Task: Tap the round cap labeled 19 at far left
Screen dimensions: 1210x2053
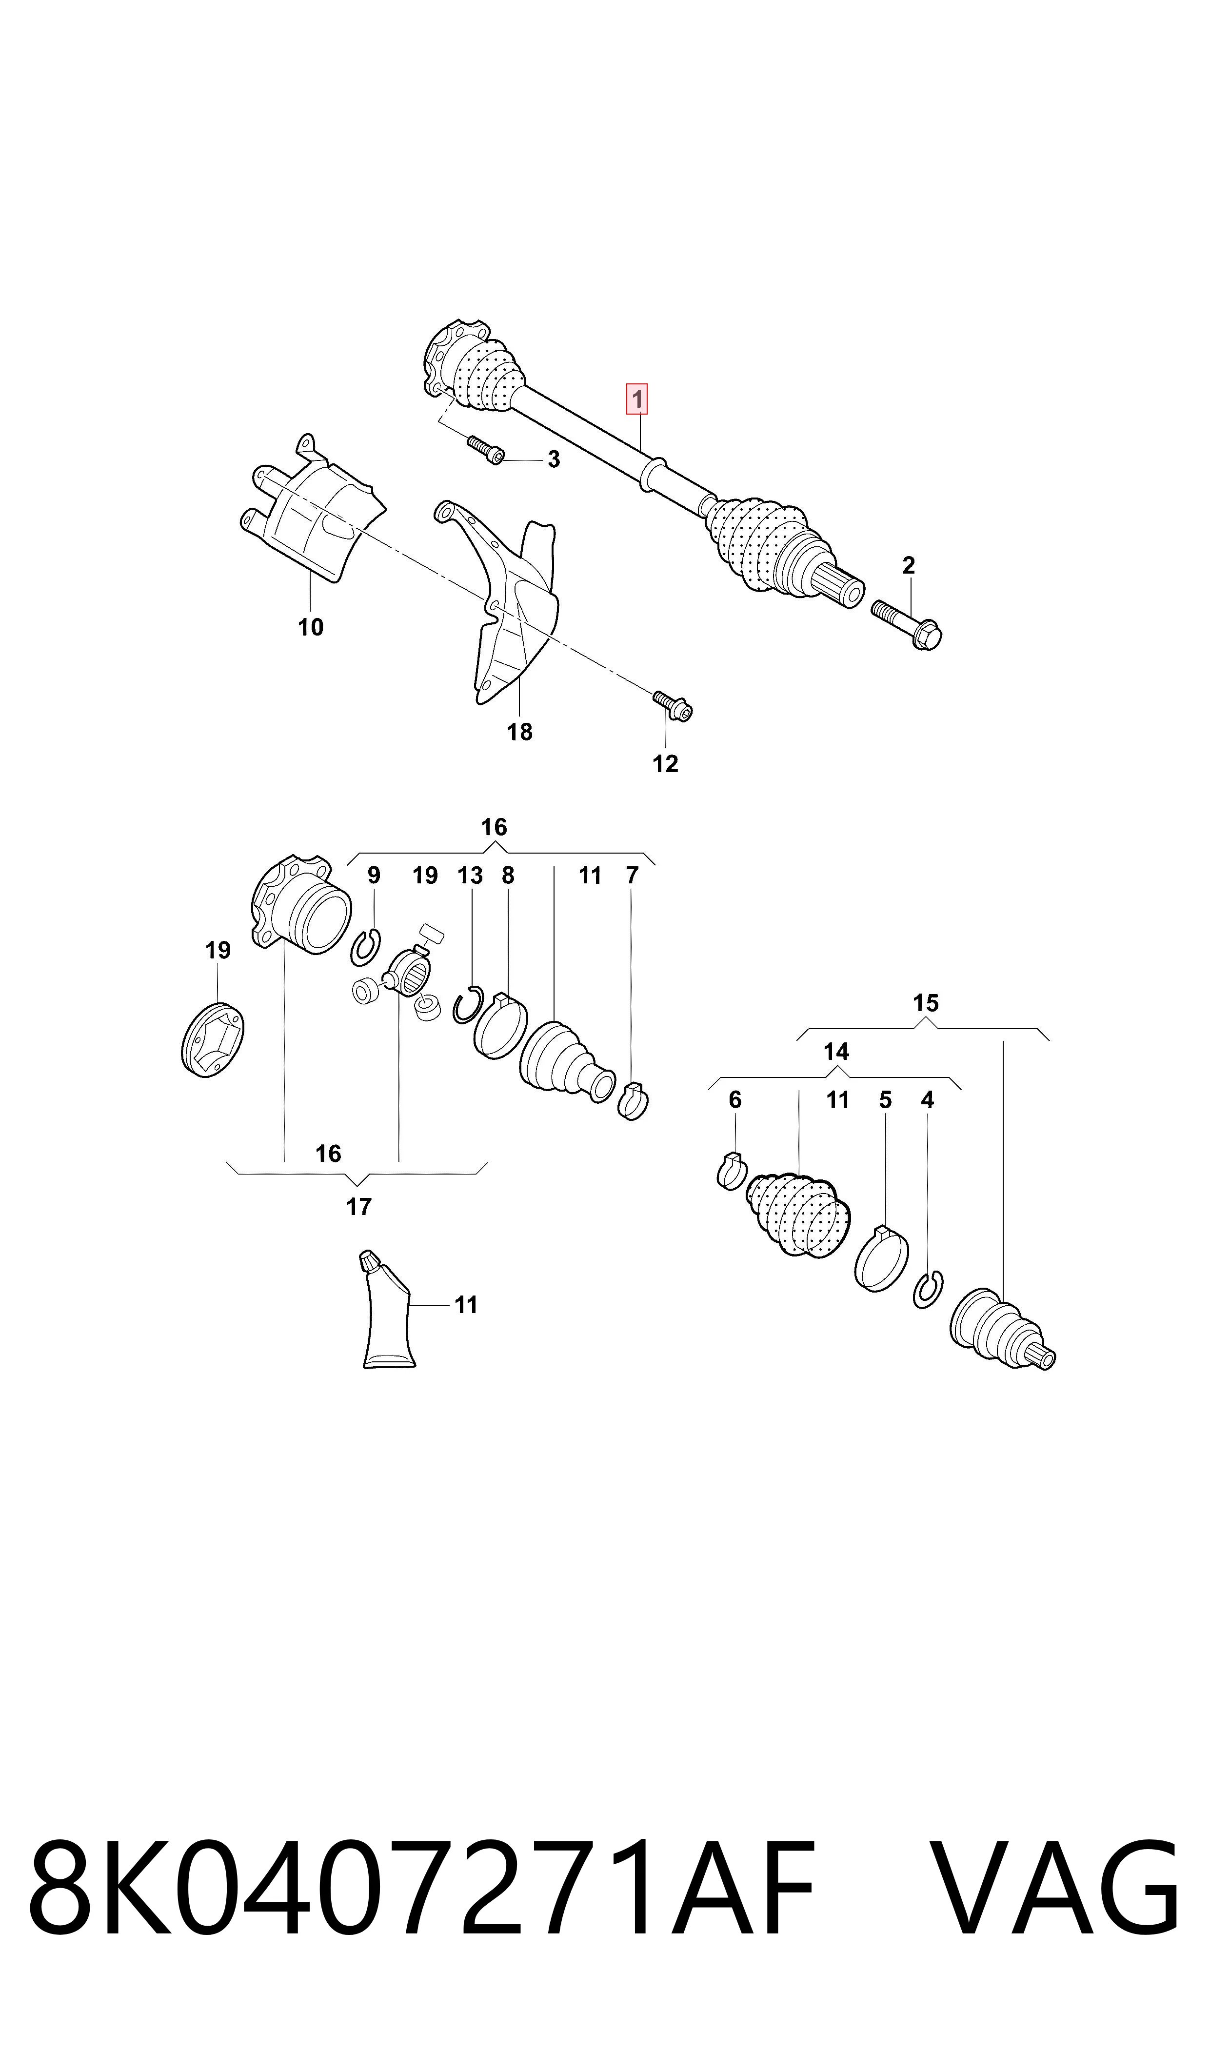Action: [212, 1039]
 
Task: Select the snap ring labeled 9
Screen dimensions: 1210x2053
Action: [366, 947]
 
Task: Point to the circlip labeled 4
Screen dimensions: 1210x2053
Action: [928, 1289]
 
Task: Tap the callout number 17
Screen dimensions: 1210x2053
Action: [359, 1207]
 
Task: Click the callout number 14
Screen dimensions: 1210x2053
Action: [836, 1052]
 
